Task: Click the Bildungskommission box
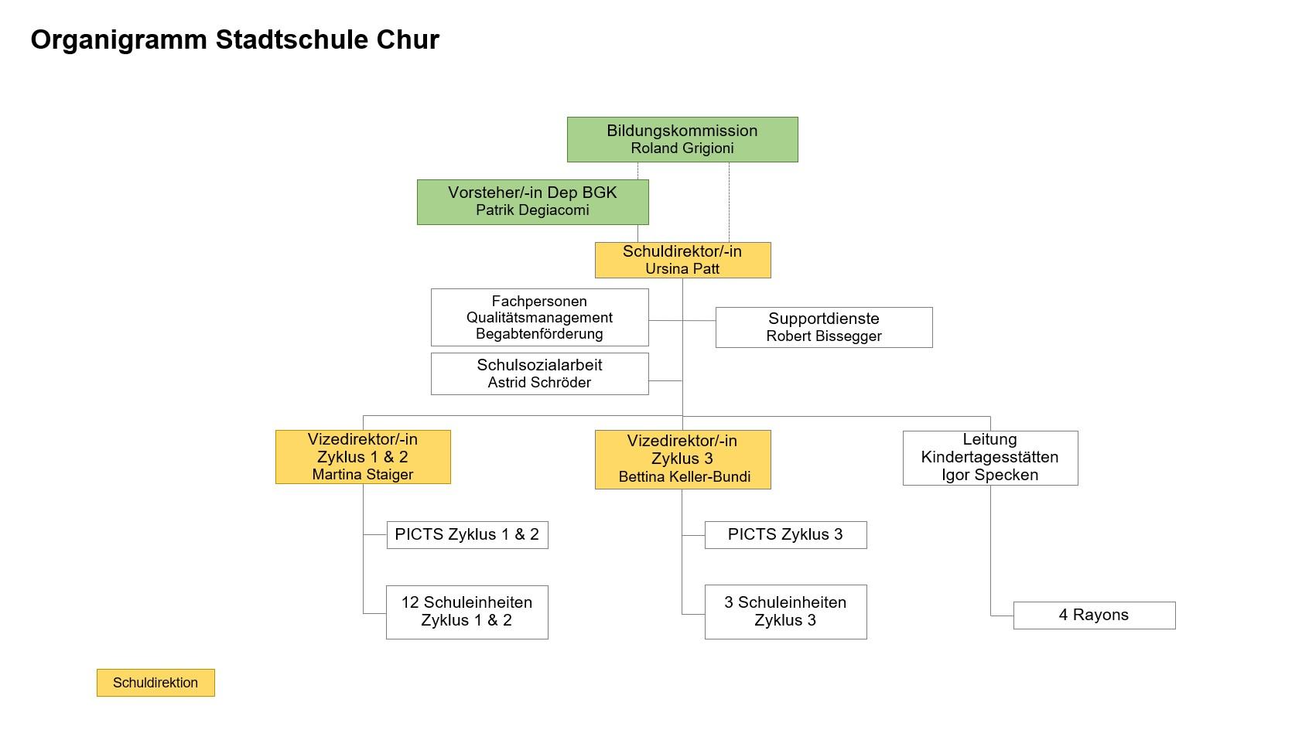point(682,140)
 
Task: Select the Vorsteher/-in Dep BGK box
point(532,202)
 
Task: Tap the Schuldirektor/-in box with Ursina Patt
point(682,260)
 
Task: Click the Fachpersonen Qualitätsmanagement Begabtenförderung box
point(539,317)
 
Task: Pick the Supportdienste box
point(824,327)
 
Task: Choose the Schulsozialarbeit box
point(539,373)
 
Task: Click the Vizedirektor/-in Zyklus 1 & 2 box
point(363,457)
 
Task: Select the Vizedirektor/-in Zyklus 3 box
point(682,459)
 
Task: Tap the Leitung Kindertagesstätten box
point(990,458)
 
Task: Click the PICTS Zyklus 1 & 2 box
point(467,534)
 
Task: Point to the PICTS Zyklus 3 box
point(785,534)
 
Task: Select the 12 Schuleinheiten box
point(467,612)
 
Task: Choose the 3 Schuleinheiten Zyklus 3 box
point(785,612)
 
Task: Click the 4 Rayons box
point(1094,615)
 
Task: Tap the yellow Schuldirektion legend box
point(156,682)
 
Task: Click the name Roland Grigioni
point(682,148)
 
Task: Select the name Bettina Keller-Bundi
point(685,476)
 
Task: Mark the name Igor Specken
point(990,475)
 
